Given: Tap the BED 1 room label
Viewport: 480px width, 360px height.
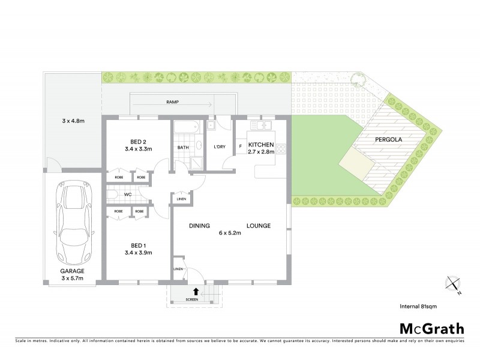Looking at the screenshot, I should pos(137,245).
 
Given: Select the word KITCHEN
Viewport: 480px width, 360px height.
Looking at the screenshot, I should pos(261,145).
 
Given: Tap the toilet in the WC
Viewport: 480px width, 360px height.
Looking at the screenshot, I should pos(112,194).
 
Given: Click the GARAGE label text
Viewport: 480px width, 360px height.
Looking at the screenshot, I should pos(71,271).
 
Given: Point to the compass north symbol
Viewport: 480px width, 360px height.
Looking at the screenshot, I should pos(453,283).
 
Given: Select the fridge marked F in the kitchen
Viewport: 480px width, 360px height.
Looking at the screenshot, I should pos(240,146).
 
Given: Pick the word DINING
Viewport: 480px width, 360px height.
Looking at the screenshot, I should pos(199,226).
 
